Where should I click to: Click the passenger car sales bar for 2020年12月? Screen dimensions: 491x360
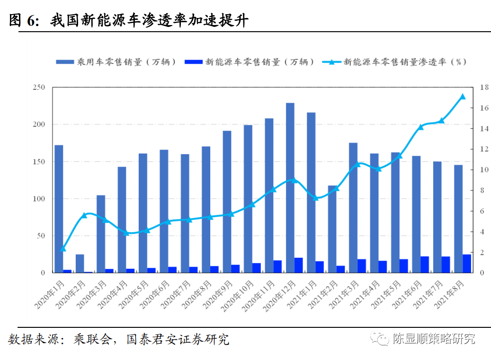pyautogui.click(x=290, y=188)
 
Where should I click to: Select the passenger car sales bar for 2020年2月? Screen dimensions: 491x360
pyautogui.click(x=80, y=263)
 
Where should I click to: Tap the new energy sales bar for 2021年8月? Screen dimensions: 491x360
pyautogui.click(x=467, y=263)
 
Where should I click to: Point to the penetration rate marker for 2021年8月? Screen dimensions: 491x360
pyautogui.click(x=463, y=97)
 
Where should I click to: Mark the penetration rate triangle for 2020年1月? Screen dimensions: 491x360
pyautogui.click(x=63, y=248)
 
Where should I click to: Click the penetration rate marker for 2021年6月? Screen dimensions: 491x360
pyautogui.click(x=420, y=127)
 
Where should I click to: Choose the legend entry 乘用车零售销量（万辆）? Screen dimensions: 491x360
pyautogui.click(x=116, y=62)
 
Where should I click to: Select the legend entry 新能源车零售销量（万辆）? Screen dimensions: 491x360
pyautogui.click(x=249, y=62)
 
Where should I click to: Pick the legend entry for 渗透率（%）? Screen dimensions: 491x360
pyautogui.click(x=394, y=62)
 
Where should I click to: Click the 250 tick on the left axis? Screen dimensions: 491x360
pyautogui.click(x=39, y=87)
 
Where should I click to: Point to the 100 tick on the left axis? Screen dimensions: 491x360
pyautogui.click(x=39, y=199)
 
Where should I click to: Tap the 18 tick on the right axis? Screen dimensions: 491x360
pyautogui.click(x=484, y=87)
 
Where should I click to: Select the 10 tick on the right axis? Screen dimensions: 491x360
pyautogui.click(x=484, y=169)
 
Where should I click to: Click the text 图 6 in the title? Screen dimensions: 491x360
pyautogui.click(x=24, y=20)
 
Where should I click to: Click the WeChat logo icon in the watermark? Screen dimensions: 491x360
pyautogui.click(x=379, y=338)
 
